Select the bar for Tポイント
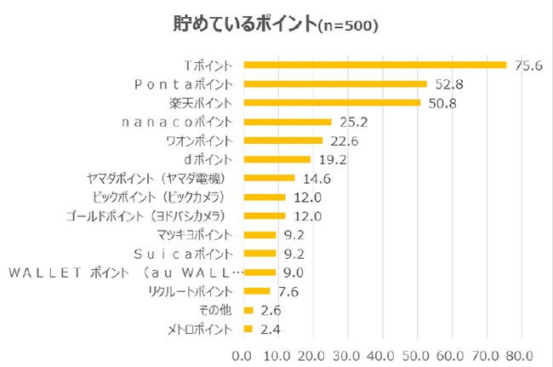374,65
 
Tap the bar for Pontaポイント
335,83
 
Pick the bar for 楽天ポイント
332,102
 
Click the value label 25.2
351,122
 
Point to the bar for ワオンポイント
283,140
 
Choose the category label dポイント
207,159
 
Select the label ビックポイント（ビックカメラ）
167,197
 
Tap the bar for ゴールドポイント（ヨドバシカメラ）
265,215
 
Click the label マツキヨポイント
193,234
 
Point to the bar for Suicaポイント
259,254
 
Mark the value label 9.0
294,272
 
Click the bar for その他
248,310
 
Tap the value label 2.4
271,329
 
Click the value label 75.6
528,65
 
